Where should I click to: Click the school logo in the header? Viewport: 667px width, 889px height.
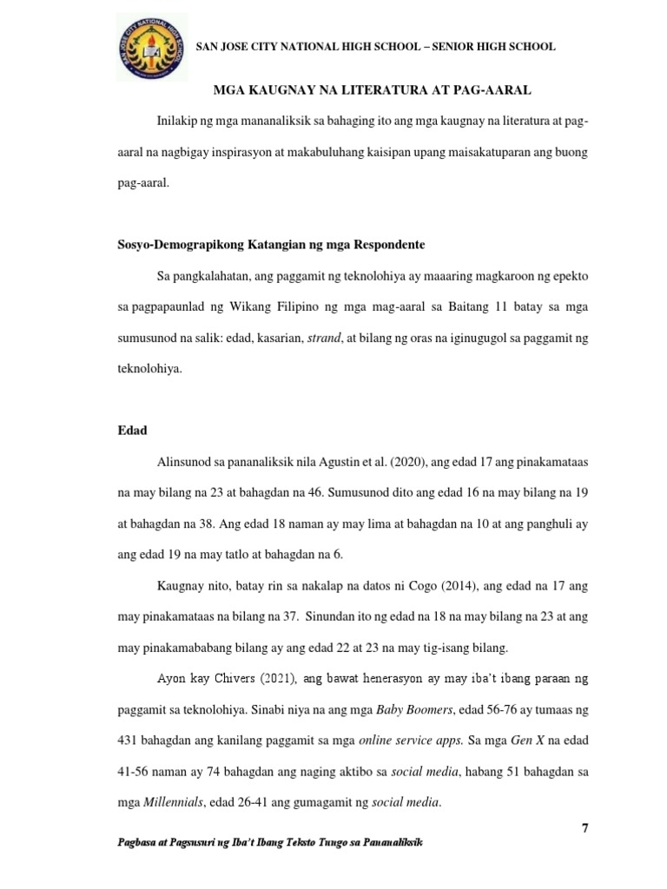(150, 45)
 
